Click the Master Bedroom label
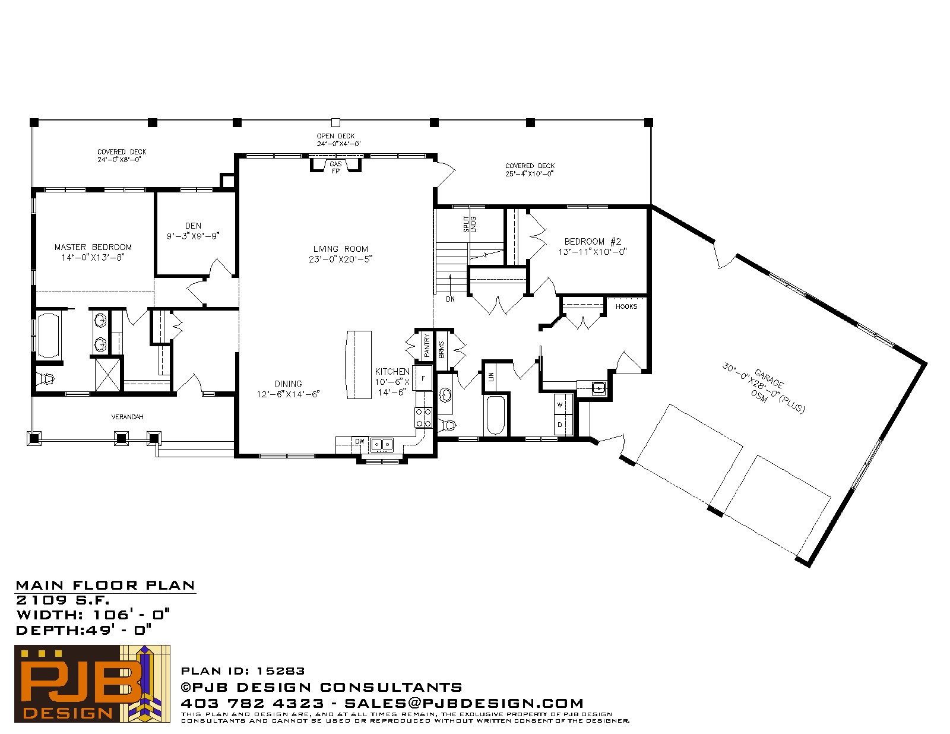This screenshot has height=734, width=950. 93,248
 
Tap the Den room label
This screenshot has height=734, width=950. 193,226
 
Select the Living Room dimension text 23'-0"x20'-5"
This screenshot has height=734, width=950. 341,260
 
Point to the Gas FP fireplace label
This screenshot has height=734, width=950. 335,167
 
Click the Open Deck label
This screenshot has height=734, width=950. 335,136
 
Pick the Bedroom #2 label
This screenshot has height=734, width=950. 593,241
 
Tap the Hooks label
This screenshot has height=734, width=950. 626,306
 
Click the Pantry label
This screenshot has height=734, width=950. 427,346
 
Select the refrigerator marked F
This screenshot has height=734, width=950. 423,378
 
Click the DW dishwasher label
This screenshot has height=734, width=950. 360,441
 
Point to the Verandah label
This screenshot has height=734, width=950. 127,417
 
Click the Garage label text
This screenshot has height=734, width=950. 769,379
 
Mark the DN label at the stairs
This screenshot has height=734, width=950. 450,299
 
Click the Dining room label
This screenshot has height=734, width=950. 288,384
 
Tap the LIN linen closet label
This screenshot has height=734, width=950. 491,377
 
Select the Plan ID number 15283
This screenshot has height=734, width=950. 280,671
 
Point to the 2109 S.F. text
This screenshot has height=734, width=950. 62,600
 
